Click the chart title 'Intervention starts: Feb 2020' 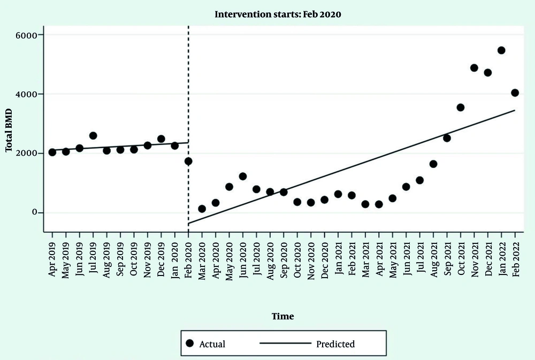coord(278,14)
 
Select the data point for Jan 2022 coord(501,50)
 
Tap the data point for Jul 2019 coord(93,135)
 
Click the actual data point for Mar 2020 coord(202,209)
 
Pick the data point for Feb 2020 coord(188,161)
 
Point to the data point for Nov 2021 coord(474,68)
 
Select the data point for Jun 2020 coord(242,176)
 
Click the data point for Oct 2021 coord(461,108)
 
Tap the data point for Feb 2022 coord(515,93)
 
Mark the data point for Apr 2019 coord(52,152)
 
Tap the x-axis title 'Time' coord(282,316)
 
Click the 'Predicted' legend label coord(335,344)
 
